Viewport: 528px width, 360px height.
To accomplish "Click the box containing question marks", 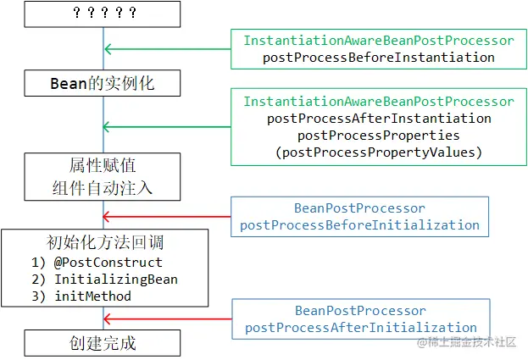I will (103, 14).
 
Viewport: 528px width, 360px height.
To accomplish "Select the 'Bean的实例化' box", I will (103, 83).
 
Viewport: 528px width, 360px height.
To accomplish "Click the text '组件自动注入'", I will (103, 186).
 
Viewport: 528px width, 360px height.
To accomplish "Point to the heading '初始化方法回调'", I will (103, 241).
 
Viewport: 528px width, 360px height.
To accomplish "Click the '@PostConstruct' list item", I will (98, 262).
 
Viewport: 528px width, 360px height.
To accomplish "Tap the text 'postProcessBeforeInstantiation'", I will (379, 58).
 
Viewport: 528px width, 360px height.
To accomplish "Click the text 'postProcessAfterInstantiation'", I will (379, 119).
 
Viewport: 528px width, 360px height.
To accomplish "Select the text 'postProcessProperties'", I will (379, 136).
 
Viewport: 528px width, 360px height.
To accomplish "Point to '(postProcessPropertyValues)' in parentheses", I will (379, 152).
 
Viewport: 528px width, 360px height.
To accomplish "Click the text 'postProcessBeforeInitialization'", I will (360, 225).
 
